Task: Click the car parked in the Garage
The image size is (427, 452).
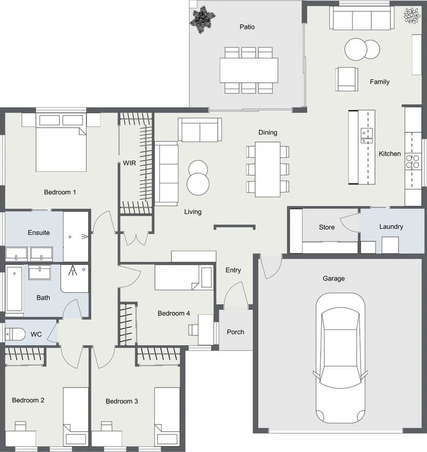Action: pyautogui.click(x=340, y=358)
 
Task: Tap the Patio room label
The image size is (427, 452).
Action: pyautogui.click(x=247, y=27)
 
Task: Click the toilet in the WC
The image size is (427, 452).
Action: pyautogui.click(x=15, y=334)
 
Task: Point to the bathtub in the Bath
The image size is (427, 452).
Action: pyautogui.click(x=14, y=290)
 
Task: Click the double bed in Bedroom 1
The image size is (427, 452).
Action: pyautogui.click(x=61, y=143)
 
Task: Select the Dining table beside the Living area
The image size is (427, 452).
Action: pyautogui.click(x=268, y=169)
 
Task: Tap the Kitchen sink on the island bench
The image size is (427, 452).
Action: pyautogui.click(x=366, y=135)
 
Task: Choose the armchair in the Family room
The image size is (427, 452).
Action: pyautogui.click(x=347, y=79)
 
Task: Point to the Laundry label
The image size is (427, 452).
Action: pyautogui.click(x=391, y=226)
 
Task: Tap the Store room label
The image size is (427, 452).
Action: pyautogui.click(x=327, y=227)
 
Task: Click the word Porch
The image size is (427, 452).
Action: pyautogui.click(x=235, y=332)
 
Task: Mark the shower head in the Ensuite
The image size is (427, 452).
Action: pyautogui.click(x=84, y=236)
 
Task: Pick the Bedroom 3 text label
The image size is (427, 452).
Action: pyautogui.click(x=122, y=401)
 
